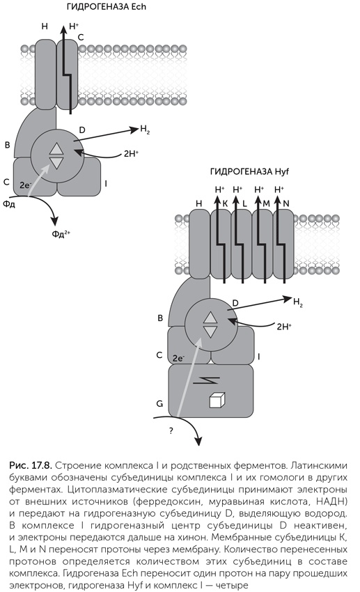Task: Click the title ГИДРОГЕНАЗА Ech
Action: [106, 7]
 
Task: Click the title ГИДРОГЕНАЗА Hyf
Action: [249, 172]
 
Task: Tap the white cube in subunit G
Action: [217, 400]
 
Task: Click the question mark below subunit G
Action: [171, 431]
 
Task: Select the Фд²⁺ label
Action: [61, 234]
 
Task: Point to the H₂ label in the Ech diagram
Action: [145, 130]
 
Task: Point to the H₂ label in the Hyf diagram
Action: [298, 302]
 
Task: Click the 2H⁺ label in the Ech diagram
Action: [131, 154]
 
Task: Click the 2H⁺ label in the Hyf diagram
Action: [284, 327]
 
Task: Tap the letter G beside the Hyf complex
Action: [159, 403]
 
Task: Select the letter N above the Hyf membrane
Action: [286, 203]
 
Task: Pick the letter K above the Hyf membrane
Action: [226, 203]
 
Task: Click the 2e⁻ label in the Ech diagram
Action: [25, 185]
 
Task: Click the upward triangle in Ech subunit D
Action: [56, 149]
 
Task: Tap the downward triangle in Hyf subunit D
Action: [210, 332]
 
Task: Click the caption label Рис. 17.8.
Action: [32, 465]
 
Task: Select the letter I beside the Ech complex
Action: [106, 184]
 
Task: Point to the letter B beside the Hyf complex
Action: [160, 318]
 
